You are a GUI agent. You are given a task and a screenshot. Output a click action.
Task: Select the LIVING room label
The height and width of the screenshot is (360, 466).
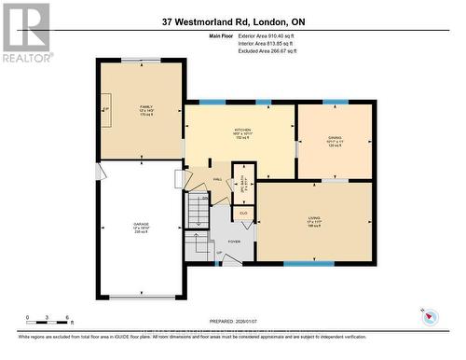tap(313, 221)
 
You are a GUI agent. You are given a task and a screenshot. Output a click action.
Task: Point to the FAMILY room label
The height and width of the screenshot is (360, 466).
tap(145, 109)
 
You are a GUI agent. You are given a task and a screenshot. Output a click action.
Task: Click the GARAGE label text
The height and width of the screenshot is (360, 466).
tap(140, 227)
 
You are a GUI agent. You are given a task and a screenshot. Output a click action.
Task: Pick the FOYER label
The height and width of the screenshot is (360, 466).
tap(233, 242)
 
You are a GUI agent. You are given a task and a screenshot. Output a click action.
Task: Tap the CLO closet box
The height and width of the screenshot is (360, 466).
tap(242, 214)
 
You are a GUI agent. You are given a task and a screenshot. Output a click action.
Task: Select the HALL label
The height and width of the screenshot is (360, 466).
tap(217, 179)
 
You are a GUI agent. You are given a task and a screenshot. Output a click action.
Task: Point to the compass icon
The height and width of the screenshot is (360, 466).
tap(431, 316)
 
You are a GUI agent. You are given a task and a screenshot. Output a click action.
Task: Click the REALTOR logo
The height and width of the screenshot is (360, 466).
tap(25, 32)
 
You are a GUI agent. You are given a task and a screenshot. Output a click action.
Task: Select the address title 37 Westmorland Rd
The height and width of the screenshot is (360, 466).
tap(232, 21)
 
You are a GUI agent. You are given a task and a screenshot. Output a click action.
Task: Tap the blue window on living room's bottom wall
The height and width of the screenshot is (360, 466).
tap(308, 263)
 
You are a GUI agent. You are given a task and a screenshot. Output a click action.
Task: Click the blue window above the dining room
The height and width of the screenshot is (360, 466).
tap(335, 102)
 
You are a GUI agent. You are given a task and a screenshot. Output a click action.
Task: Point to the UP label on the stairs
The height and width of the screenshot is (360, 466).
tap(220, 253)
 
